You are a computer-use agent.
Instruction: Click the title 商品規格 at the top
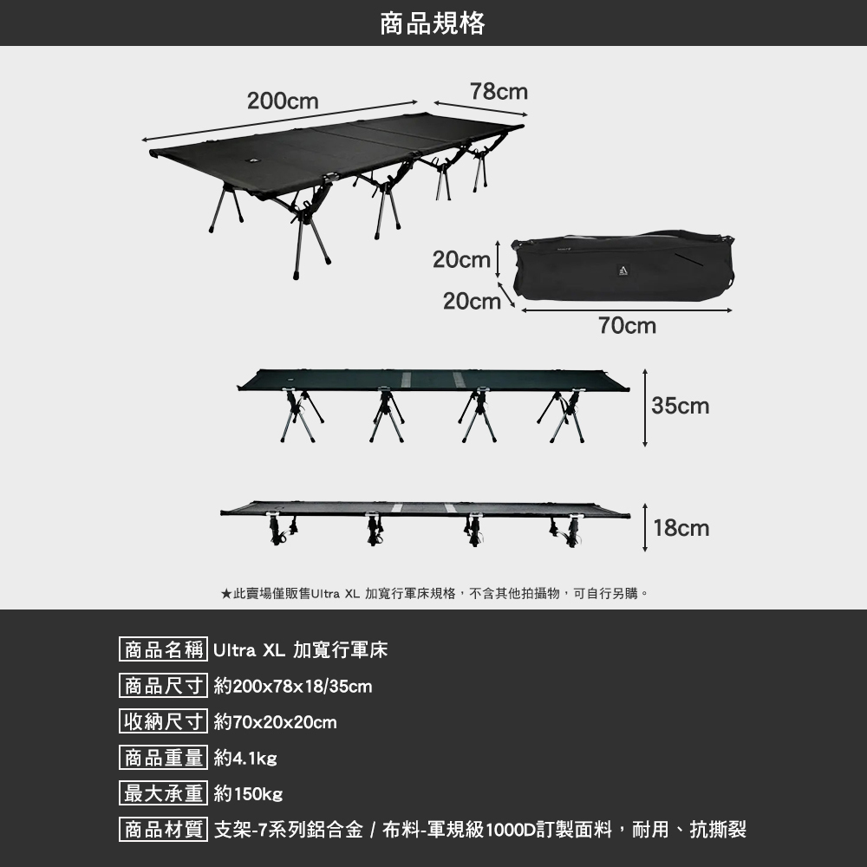click(x=433, y=23)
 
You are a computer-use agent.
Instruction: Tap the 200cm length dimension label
click(x=283, y=101)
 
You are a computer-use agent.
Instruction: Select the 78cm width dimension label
click(x=499, y=91)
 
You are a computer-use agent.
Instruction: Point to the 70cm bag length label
click(x=627, y=326)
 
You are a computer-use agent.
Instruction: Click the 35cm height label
click(x=681, y=406)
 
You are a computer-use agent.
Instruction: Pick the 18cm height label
click(x=681, y=527)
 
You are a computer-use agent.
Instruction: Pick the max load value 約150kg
click(x=248, y=794)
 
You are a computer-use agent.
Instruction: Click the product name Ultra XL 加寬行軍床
click(x=300, y=650)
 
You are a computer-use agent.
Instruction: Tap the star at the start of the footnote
click(x=225, y=594)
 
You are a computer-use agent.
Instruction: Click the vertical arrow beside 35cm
click(x=645, y=407)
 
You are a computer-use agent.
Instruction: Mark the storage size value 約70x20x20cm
click(x=275, y=722)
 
